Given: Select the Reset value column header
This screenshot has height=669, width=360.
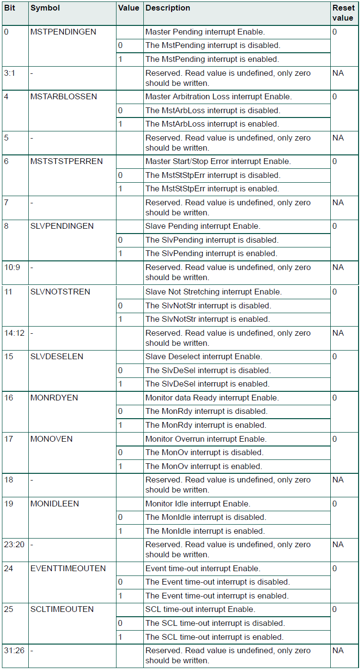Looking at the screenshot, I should [x=343, y=13].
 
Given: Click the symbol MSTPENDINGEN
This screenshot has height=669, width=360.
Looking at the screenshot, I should [x=63, y=32].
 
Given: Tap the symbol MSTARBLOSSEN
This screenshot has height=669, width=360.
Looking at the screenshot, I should [x=63, y=96].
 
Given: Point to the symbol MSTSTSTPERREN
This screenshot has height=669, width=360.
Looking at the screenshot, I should [x=67, y=161].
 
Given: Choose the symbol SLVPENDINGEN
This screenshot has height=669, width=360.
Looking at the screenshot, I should [x=62, y=226].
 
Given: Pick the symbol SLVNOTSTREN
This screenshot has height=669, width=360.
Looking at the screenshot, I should [x=60, y=292].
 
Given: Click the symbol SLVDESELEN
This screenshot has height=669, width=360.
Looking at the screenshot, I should [x=57, y=356].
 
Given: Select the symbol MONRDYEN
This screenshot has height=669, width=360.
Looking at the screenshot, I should [x=54, y=398].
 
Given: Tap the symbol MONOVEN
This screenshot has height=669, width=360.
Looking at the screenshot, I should [x=51, y=439].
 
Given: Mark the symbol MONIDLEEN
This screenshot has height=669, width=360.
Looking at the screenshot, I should [x=55, y=504].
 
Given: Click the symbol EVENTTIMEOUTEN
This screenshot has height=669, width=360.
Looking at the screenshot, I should [x=68, y=568].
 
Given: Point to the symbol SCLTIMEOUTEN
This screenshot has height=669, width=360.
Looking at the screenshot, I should [x=62, y=609].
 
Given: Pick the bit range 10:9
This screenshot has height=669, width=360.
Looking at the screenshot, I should [x=12, y=267].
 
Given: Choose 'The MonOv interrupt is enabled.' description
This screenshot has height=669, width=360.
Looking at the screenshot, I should [x=204, y=466].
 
